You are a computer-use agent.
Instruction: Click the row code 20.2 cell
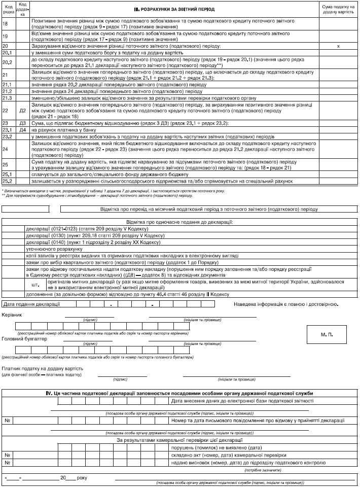click(8, 62)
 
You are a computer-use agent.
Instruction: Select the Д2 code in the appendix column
click(22, 110)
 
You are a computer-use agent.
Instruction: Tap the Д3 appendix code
click(22, 123)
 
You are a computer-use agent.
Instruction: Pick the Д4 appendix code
click(22, 130)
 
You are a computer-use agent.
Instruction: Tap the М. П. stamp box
click(327, 335)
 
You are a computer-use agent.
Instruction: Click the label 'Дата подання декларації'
click(31, 304)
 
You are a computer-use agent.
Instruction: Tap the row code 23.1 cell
click(8, 130)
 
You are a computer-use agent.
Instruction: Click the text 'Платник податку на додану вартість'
click(42, 369)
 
